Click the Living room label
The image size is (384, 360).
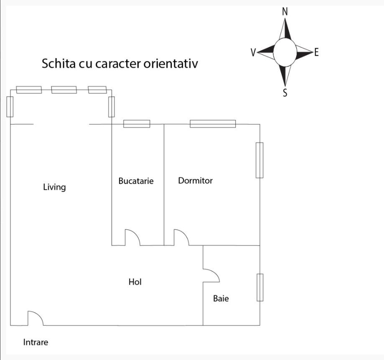pyautogui.click(x=54, y=187)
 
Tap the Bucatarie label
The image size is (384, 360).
pyautogui.click(x=136, y=181)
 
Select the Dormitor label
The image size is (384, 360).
pyautogui.click(x=195, y=181)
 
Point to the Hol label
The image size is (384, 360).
pyautogui.click(x=135, y=282)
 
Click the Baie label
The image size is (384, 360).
pyautogui.click(x=221, y=298)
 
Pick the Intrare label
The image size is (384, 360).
pyautogui.click(x=36, y=342)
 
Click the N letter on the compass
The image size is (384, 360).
pyautogui.click(x=285, y=11)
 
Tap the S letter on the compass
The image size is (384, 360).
pyautogui.click(x=285, y=93)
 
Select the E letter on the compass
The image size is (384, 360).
pyautogui.click(x=316, y=52)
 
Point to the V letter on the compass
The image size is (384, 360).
pyautogui.click(x=253, y=52)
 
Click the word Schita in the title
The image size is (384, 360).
pyautogui.click(x=58, y=64)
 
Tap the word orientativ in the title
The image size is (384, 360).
pyautogui.click(x=171, y=64)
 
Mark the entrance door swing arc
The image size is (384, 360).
pyautogui.click(x=39, y=315)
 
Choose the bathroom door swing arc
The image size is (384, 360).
pyautogui.click(x=216, y=272)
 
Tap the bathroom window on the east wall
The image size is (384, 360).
pyautogui.click(x=260, y=287)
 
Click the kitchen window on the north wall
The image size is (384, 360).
pyautogui.click(x=137, y=124)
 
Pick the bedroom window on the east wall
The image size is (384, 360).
pyautogui.click(x=259, y=160)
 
